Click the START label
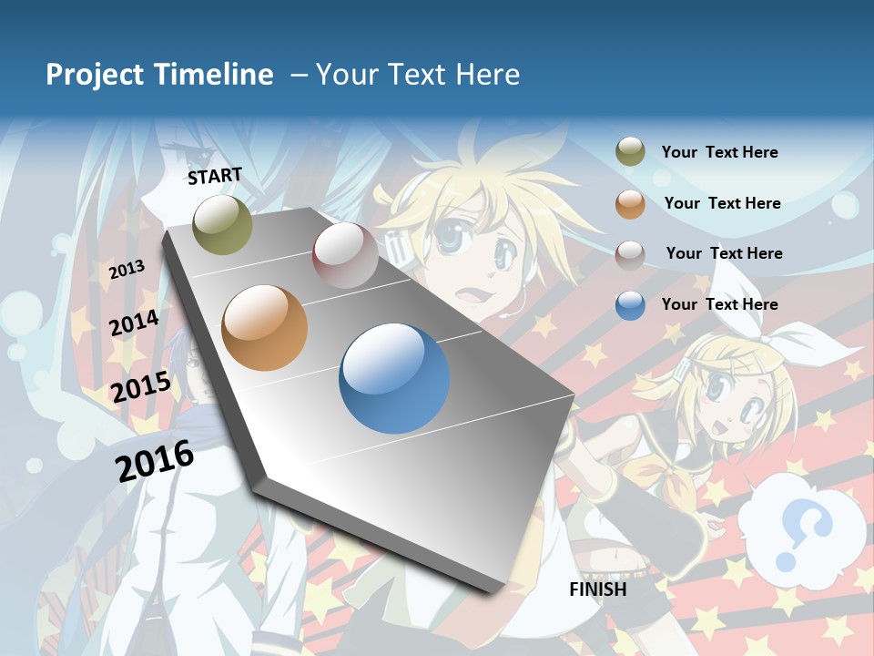click(x=215, y=175)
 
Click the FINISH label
click(x=597, y=589)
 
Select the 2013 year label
click(x=127, y=269)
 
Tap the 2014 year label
click(x=134, y=323)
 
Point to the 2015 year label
click(x=140, y=387)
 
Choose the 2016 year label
click(x=154, y=460)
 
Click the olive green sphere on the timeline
click(x=222, y=224)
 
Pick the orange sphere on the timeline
click(x=264, y=327)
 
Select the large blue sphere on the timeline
click(x=394, y=378)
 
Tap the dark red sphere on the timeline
click(x=345, y=255)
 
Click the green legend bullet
click(x=630, y=152)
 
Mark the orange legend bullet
click(x=630, y=204)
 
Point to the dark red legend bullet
click(x=630, y=254)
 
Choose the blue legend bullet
click(x=630, y=305)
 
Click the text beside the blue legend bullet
click(x=719, y=304)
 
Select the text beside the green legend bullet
click(x=719, y=152)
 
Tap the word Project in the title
click(x=89, y=75)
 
